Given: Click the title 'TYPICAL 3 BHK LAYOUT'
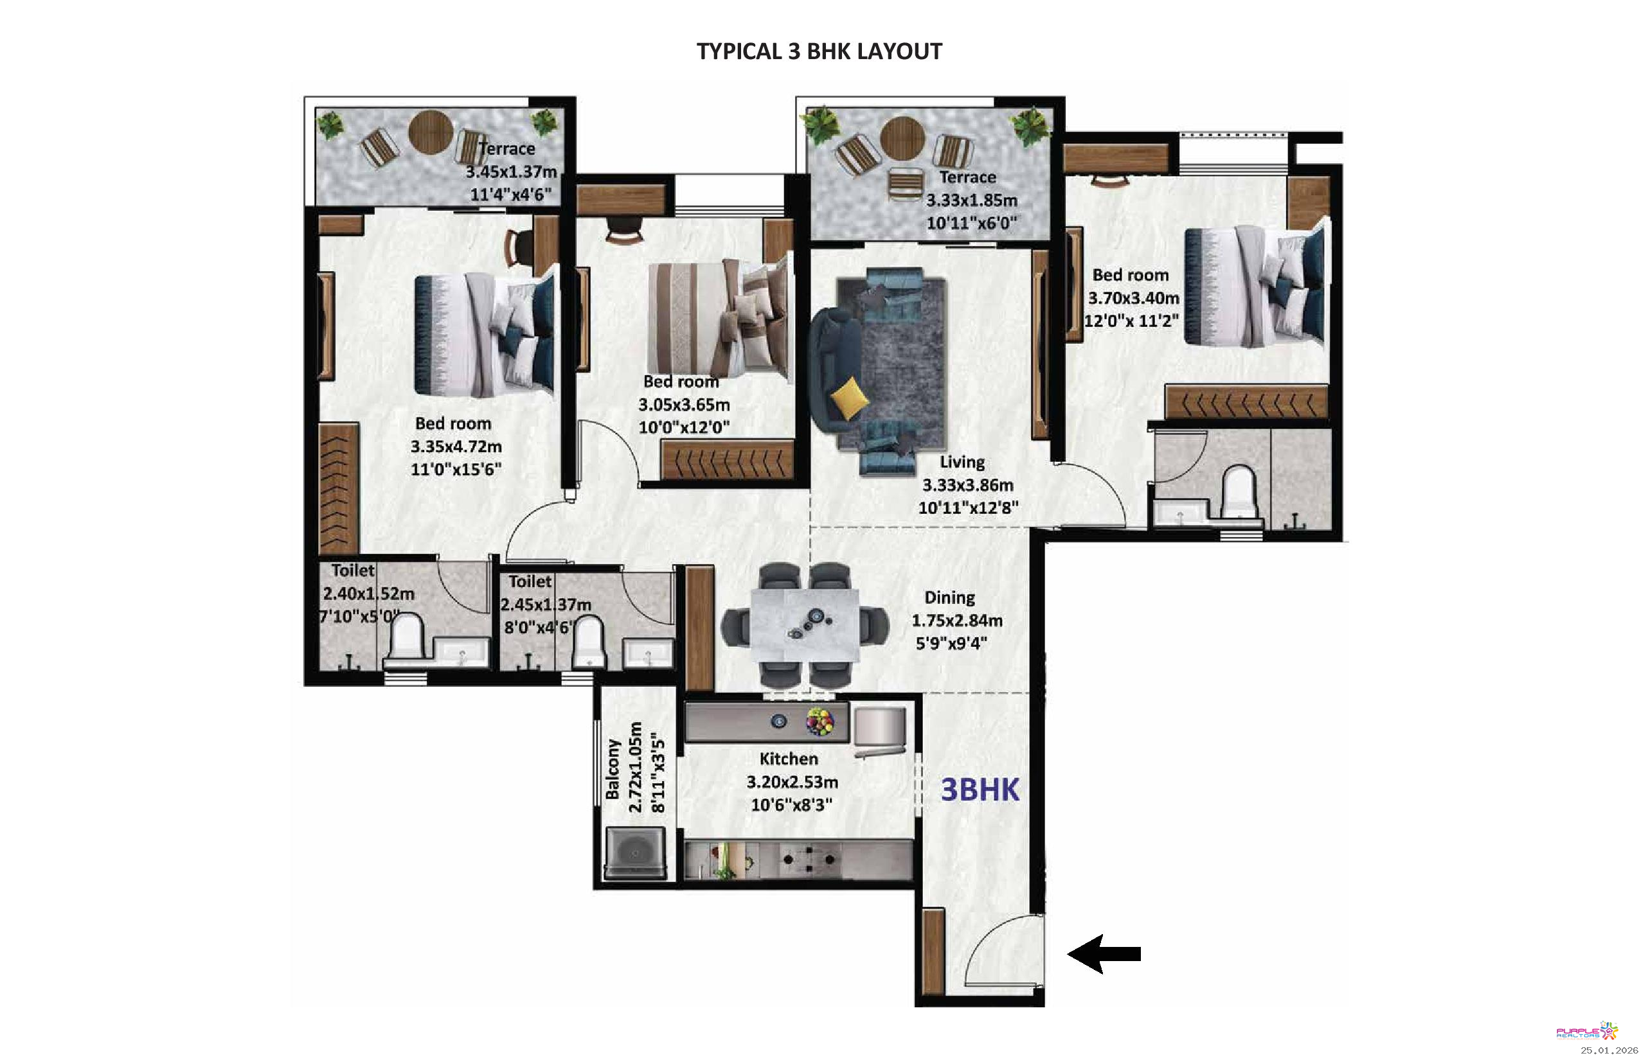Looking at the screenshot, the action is [x=819, y=51].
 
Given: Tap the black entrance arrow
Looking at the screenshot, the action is [x=1104, y=954].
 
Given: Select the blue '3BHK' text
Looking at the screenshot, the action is [x=980, y=790].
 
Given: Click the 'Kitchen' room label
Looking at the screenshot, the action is [x=789, y=759].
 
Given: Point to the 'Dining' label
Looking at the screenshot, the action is [x=950, y=597].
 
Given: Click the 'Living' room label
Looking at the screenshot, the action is [x=962, y=462].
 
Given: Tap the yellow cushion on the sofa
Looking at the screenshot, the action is [x=848, y=398].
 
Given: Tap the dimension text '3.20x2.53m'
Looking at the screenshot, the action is [x=792, y=782].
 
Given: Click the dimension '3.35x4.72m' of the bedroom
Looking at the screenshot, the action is [x=456, y=446].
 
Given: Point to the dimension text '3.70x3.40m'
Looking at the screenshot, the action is [x=1134, y=298].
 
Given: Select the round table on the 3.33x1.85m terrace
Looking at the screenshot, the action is [x=902, y=138].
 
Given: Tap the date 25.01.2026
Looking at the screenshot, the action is [x=1609, y=1050].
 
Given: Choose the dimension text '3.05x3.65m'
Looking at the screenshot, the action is [x=684, y=405].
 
